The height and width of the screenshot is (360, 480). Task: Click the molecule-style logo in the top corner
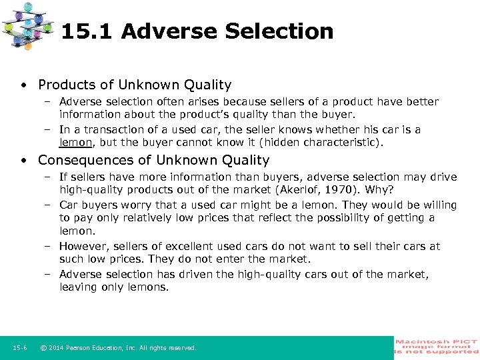pyautogui.click(x=27, y=26)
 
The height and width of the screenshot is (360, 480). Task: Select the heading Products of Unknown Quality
pyautogui.click(x=135, y=85)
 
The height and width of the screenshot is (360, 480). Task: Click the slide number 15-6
pyautogui.click(x=19, y=347)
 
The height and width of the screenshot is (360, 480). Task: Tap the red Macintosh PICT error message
pyautogui.click(x=437, y=347)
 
